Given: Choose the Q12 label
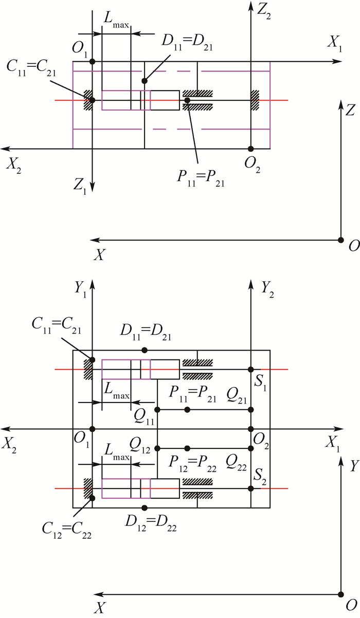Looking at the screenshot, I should point(140,443).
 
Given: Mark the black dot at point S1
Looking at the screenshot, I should point(251,370).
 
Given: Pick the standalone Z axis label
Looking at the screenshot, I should point(351,110).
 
